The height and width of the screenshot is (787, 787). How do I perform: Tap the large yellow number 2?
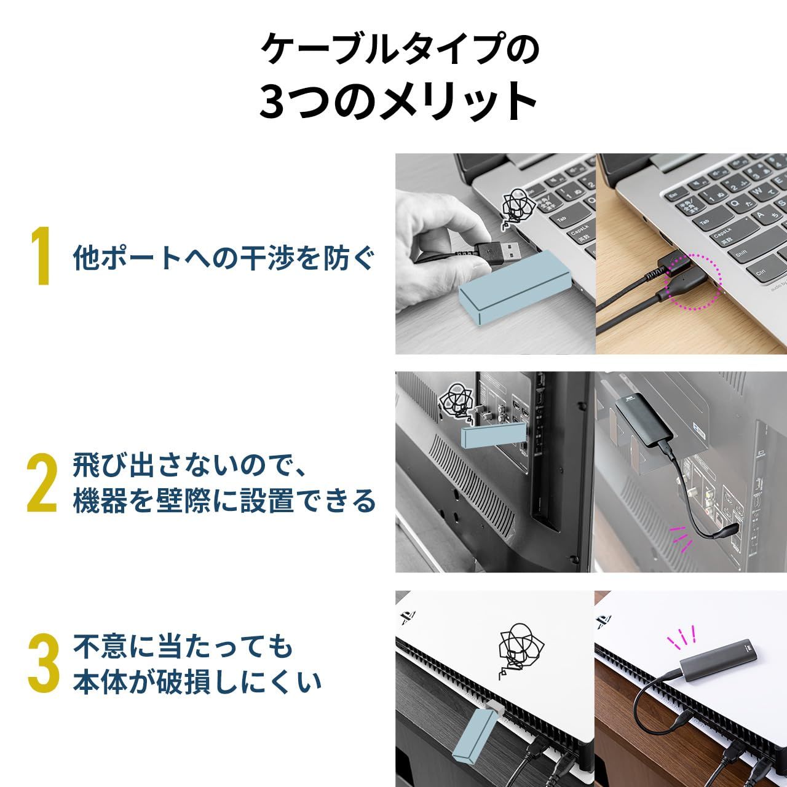click(x=42, y=484)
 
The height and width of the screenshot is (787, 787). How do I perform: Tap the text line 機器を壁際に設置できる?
click(x=224, y=501)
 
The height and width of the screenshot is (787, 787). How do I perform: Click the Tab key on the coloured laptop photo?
click(x=704, y=223)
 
